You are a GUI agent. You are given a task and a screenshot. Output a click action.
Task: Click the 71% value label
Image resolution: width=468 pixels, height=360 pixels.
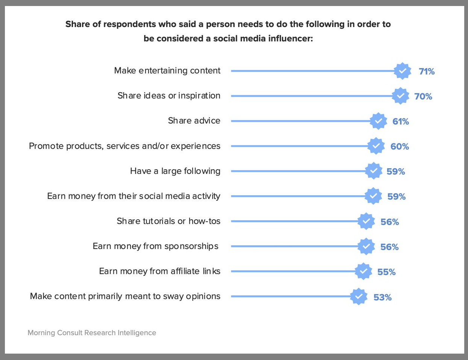click(x=427, y=71)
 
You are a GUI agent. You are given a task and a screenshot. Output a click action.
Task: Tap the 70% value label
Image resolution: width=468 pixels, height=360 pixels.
click(x=423, y=97)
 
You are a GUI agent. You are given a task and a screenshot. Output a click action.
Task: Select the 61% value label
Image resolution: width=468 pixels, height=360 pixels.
click(x=401, y=122)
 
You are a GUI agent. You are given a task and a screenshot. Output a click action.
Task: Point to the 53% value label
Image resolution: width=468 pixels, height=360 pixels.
click(x=383, y=298)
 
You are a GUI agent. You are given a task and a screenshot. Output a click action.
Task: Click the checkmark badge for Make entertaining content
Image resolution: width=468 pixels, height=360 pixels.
click(x=403, y=71)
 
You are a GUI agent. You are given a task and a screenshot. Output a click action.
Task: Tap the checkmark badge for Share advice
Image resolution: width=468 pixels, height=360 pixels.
click(x=378, y=121)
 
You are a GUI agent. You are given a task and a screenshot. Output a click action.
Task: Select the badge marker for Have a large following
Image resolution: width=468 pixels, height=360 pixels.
click(x=374, y=171)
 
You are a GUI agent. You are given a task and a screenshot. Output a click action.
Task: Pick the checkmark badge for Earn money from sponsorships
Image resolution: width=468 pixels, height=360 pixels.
click(x=366, y=246)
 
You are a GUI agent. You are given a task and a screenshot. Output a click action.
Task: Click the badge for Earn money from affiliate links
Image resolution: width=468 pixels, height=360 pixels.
click(x=363, y=271)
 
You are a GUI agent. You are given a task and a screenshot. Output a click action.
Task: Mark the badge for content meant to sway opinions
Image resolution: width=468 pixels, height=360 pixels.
click(x=359, y=296)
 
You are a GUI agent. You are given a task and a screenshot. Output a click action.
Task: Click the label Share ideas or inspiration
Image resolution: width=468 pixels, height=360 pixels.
click(x=169, y=96)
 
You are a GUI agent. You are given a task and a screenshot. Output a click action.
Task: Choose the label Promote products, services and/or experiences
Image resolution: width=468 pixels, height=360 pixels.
click(x=125, y=146)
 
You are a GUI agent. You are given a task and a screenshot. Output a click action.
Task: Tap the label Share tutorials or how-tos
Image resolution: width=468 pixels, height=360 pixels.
click(x=169, y=221)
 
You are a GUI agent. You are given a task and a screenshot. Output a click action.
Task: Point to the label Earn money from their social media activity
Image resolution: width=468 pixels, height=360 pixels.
click(x=134, y=196)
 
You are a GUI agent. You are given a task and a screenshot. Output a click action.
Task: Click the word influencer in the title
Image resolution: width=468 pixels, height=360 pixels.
click(x=290, y=38)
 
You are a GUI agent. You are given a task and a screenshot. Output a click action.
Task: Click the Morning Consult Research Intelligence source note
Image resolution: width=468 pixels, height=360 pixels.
click(x=92, y=333)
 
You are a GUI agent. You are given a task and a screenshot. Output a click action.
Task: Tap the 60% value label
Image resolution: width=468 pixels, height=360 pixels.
click(x=400, y=147)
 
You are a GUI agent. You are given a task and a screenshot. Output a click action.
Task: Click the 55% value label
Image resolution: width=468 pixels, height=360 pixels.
click(x=386, y=272)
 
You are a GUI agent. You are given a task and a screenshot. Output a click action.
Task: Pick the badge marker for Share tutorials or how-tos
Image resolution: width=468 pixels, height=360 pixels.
click(x=366, y=221)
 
